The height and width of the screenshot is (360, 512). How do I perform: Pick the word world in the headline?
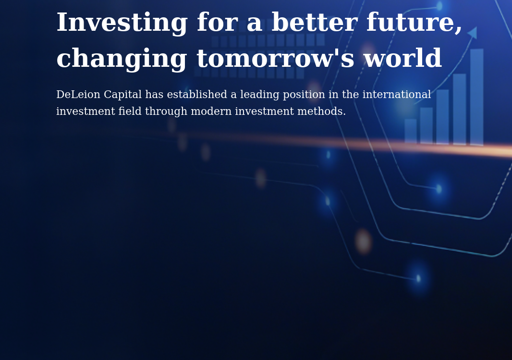coord(402,59)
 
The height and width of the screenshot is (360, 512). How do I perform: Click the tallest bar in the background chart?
coord(476,96)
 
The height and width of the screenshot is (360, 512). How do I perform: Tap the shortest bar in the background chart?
coord(411,131)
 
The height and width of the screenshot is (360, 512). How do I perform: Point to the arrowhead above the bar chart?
coord(473,33)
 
